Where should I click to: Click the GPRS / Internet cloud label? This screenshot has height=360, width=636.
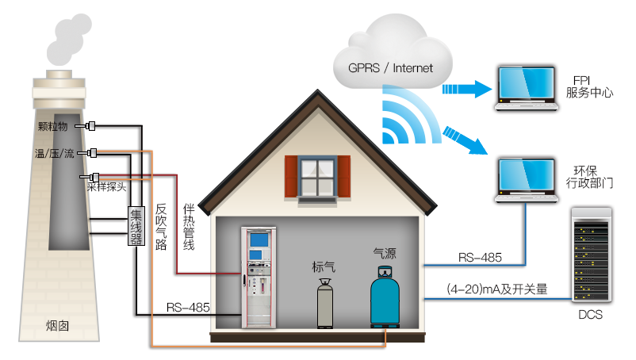390,67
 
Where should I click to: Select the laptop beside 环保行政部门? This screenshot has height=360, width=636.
526,180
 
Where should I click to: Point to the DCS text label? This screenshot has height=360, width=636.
590,316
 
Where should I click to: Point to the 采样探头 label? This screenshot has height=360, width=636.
106,187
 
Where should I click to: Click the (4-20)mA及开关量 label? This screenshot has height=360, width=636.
496,289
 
